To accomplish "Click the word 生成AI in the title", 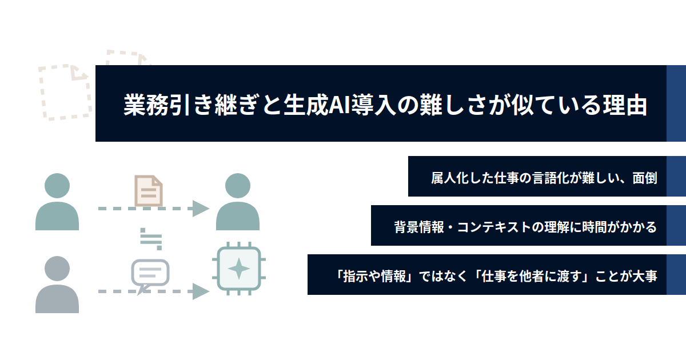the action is point(317,105).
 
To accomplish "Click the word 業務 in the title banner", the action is point(146,105).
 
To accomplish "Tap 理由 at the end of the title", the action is point(625,105).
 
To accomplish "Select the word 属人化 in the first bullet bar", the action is point(450,178).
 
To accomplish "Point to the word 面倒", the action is point(645,178).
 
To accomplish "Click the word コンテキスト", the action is point(494,227).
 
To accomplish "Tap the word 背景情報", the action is point(419,227).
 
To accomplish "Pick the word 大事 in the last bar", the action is point(645,276).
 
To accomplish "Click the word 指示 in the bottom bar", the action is point(355,276).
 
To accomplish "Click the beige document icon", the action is point(149,190).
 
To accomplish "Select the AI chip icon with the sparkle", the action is point(239,269).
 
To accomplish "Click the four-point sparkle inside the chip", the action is point(239,269).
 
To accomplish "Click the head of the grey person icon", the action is point(57,269).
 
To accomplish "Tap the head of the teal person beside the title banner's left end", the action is point(57,186).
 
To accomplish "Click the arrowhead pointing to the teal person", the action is point(201,209).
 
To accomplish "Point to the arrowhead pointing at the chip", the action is point(201,291).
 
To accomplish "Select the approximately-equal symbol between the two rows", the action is point(151,239).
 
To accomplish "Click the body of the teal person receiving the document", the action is point(238,216).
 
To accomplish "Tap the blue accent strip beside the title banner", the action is point(676,103).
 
